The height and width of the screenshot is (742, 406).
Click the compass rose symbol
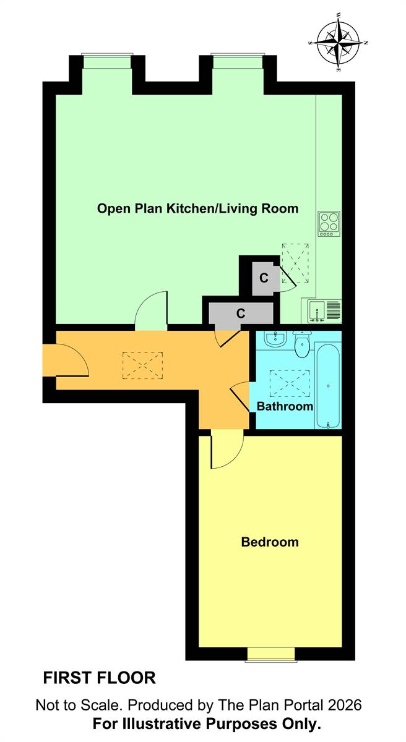[338, 43]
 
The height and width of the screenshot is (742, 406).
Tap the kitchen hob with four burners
[329, 224]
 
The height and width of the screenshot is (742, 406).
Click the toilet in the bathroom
[301, 344]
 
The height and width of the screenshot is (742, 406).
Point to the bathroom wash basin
[274, 339]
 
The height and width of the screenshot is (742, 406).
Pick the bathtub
[328, 386]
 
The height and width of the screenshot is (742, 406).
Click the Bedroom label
[270, 542]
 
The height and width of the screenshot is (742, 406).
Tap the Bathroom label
[285, 406]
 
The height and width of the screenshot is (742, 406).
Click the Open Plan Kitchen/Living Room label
[197, 208]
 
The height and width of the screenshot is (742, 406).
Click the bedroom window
[271, 654]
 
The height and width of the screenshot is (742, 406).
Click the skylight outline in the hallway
[142, 365]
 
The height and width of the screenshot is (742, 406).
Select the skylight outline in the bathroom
[290, 383]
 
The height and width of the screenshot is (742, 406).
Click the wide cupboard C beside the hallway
[241, 313]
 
